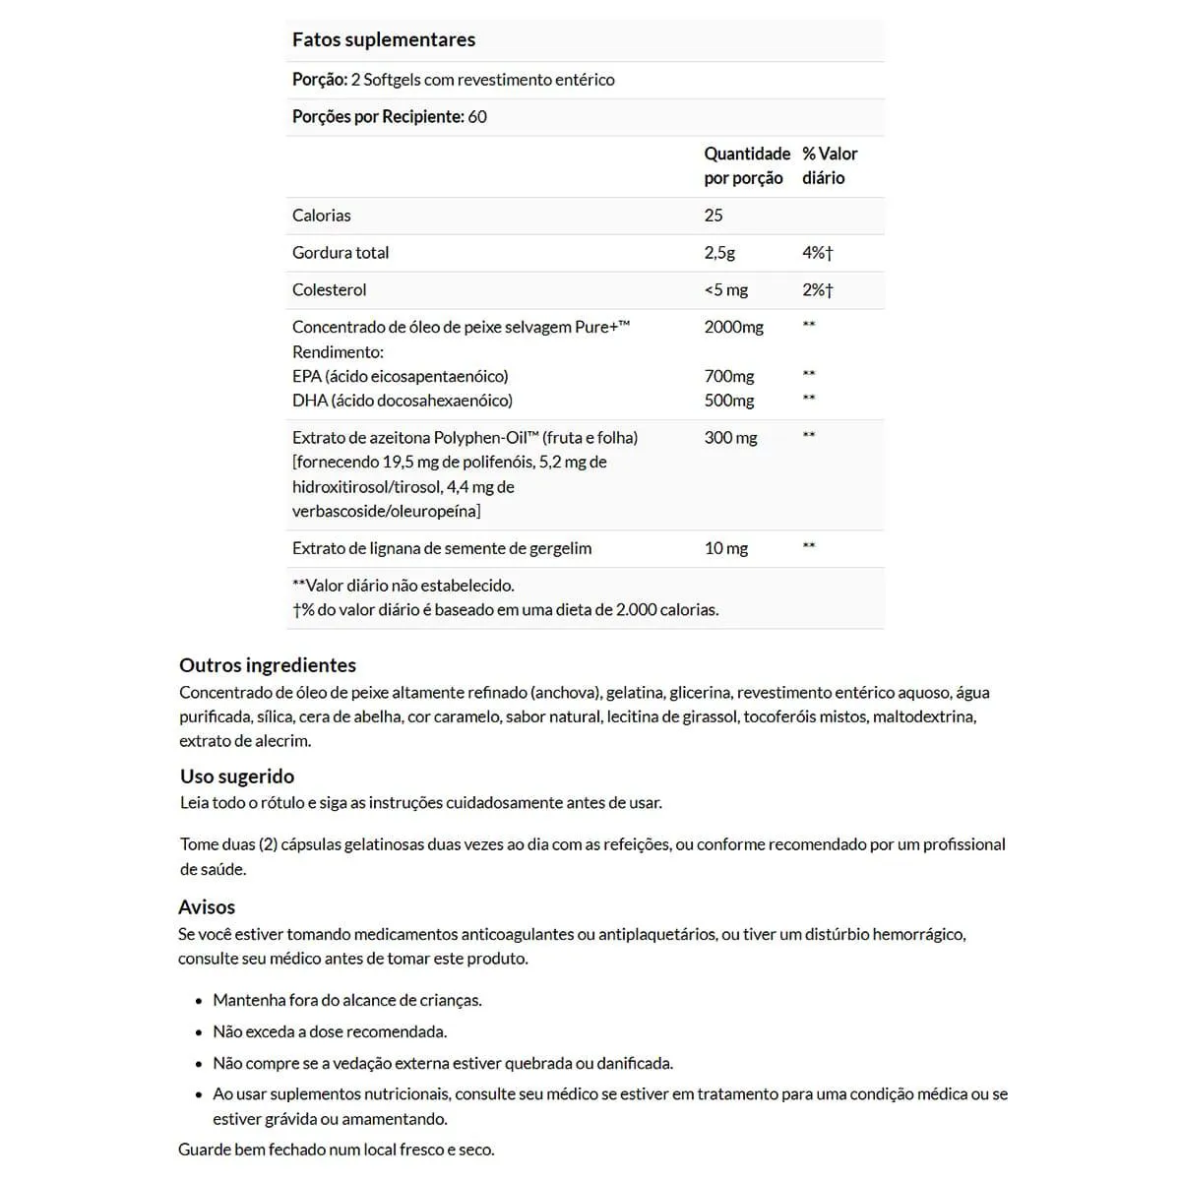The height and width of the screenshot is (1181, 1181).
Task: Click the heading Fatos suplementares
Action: (384, 40)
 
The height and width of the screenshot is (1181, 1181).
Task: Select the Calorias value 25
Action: (714, 216)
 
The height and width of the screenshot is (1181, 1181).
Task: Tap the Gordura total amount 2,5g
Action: (719, 253)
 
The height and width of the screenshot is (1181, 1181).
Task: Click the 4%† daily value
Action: (817, 253)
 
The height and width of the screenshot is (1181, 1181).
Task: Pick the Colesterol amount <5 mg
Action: (726, 290)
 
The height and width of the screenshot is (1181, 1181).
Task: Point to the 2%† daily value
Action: (817, 290)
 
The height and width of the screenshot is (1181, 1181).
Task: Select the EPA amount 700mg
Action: (729, 376)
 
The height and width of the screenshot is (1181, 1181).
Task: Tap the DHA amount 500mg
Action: (729, 401)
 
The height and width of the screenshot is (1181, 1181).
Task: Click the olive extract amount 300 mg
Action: (730, 438)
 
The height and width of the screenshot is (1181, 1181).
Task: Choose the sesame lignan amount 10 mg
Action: (726, 548)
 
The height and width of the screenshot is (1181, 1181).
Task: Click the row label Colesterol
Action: (329, 290)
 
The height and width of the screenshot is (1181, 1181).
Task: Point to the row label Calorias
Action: (321, 216)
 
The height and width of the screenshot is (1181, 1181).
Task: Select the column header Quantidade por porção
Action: (747, 165)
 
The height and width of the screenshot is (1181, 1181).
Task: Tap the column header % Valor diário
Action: (829, 165)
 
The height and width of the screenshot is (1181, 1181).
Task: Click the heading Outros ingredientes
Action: (268, 665)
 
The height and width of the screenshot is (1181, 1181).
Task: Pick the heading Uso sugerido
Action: (237, 777)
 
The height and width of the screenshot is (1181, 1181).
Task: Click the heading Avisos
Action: (207, 907)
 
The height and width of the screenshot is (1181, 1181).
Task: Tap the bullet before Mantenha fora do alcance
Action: (200, 1001)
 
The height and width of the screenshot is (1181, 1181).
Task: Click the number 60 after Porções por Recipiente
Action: (477, 117)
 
